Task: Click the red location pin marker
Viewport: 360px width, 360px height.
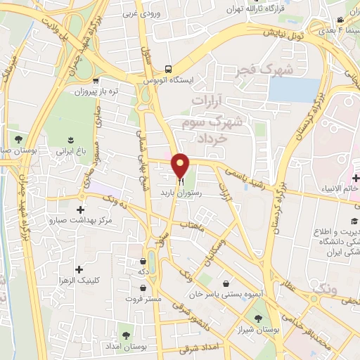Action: point(181,165)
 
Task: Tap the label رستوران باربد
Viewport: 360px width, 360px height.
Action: point(176,191)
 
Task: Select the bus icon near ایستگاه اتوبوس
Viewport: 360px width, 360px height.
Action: point(168,69)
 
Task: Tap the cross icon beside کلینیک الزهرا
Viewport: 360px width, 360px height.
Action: point(79,269)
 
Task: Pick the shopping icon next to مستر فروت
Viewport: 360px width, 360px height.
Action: point(143,288)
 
